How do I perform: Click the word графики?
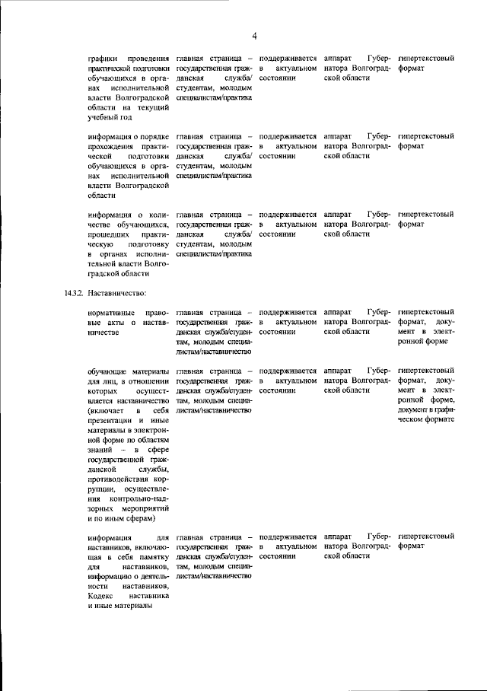pyautogui.click(x=103, y=58)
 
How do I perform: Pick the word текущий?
pyautogui.click(x=152, y=107)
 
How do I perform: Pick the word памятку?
pyautogui.click(x=152, y=557)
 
